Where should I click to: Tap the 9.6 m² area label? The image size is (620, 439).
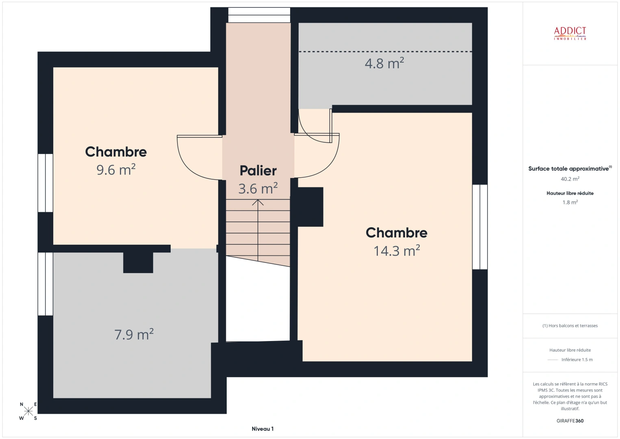[x=116, y=170]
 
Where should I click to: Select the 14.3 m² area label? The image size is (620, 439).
[x=397, y=251]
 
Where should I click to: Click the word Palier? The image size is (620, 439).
[x=258, y=171]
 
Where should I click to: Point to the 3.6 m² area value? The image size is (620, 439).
[x=258, y=189]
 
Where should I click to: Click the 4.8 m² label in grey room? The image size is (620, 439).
[x=384, y=63]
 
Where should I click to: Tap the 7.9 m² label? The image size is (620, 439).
[x=134, y=335]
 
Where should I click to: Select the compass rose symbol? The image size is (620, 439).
[x=28, y=411]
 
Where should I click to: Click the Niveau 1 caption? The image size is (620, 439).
[x=262, y=429]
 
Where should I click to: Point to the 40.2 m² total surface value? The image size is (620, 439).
[x=570, y=179]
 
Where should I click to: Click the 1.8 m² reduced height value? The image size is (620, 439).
[x=570, y=202]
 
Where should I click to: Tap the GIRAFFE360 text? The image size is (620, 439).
[x=570, y=421]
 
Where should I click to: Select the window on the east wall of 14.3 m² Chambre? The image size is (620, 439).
[x=480, y=227]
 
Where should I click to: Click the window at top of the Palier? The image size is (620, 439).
[x=259, y=15]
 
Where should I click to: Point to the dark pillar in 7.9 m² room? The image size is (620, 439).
[x=138, y=263]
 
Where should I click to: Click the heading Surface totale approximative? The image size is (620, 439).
[x=569, y=169]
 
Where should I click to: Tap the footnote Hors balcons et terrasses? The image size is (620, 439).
[x=570, y=326]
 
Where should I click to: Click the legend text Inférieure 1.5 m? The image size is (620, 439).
[x=577, y=360]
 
